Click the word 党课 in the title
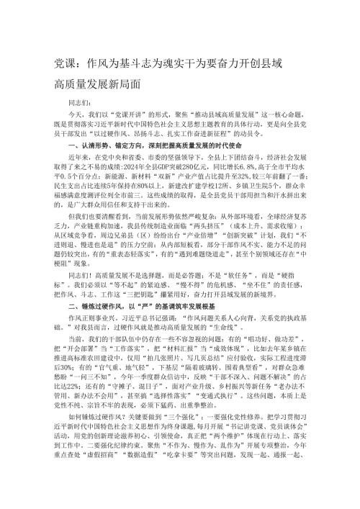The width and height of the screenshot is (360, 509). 66,63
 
